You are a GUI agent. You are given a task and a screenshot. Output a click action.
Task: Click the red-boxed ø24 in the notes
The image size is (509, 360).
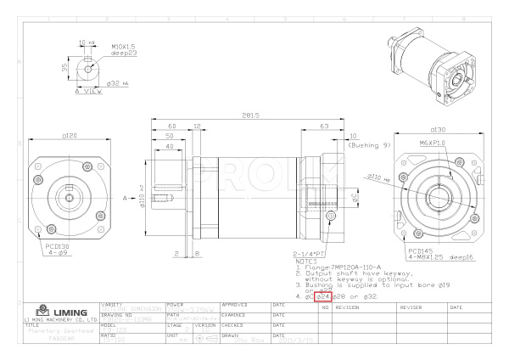(x=322, y=296)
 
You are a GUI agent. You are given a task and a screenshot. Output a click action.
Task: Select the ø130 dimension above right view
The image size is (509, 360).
(x=437, y=129)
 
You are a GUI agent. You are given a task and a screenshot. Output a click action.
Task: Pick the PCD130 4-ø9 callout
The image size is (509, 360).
(x=57, y=250)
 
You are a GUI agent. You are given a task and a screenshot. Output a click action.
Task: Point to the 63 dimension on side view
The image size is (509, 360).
(x=326, y=125)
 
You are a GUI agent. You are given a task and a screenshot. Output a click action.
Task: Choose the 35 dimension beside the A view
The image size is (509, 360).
(x=64, y=65)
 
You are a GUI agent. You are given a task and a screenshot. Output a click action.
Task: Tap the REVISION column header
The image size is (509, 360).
(x=349, y=307)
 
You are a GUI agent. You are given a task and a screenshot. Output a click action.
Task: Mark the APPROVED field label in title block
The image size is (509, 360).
(x=234, y=303)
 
